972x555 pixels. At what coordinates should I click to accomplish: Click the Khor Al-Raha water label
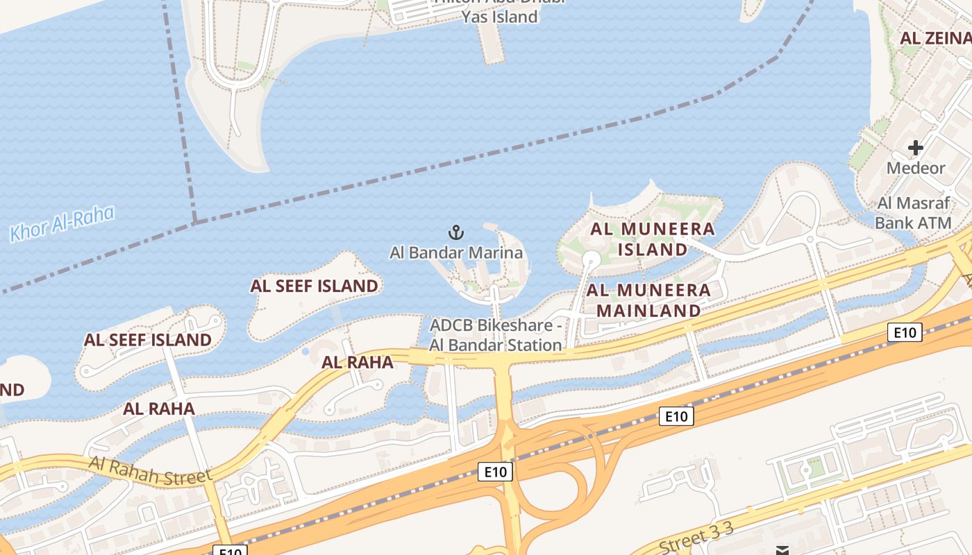click(62, 223)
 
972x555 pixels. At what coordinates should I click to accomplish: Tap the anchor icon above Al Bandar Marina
click(456, 232)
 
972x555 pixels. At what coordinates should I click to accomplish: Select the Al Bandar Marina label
click(456, 253)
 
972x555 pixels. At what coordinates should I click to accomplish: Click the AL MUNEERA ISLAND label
click(653, 239)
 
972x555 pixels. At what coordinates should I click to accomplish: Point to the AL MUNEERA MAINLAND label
click(649, 300)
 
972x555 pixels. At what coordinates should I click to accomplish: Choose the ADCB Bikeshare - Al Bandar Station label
click(496, 335)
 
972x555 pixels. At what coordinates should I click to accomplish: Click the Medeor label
click(916, 168)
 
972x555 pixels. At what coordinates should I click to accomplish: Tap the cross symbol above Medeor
click(916, 148)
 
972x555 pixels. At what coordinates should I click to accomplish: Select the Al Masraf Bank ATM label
click(913, 213)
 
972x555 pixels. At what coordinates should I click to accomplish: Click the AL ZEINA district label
click(935, 38)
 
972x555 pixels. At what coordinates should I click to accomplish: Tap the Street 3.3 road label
click(696, 538)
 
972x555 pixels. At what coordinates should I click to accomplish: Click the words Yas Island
click(501, 17)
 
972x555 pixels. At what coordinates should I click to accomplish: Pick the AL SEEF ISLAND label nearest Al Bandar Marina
click(315, 286)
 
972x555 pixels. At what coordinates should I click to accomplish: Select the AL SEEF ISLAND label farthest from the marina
click(148, 340)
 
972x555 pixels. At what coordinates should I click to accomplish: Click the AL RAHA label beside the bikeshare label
click(358, 362)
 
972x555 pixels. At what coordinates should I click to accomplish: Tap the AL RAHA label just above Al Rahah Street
click(159, 409)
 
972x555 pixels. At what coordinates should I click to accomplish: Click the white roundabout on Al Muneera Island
click(591, 259)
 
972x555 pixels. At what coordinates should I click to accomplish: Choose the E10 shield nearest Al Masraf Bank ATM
click(905, 333)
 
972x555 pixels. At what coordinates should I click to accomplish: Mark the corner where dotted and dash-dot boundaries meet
click(195, 222)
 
